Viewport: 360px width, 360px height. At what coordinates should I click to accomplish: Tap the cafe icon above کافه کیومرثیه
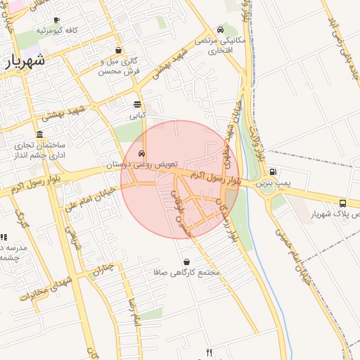coord(56,20)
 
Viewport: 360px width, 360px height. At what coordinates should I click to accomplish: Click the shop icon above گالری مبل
coord(117,51)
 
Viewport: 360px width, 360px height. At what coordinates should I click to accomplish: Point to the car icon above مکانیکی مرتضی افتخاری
coord(221,30)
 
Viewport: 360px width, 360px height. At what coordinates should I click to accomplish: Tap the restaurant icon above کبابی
coord(138,104)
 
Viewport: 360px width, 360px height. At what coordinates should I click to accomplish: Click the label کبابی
coord(138,114)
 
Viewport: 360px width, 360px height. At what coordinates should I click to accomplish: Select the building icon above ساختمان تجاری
coord(39,134)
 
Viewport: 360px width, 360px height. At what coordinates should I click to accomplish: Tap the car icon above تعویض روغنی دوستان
coord(142,153)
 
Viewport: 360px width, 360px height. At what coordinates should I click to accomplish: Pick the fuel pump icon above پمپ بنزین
coord(273,171)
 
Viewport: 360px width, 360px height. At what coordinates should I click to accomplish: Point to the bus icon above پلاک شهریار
coord(342,202)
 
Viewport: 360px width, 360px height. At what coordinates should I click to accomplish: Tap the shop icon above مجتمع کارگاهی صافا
coord(186,261)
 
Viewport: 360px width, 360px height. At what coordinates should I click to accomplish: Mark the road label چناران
coord(103,269)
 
